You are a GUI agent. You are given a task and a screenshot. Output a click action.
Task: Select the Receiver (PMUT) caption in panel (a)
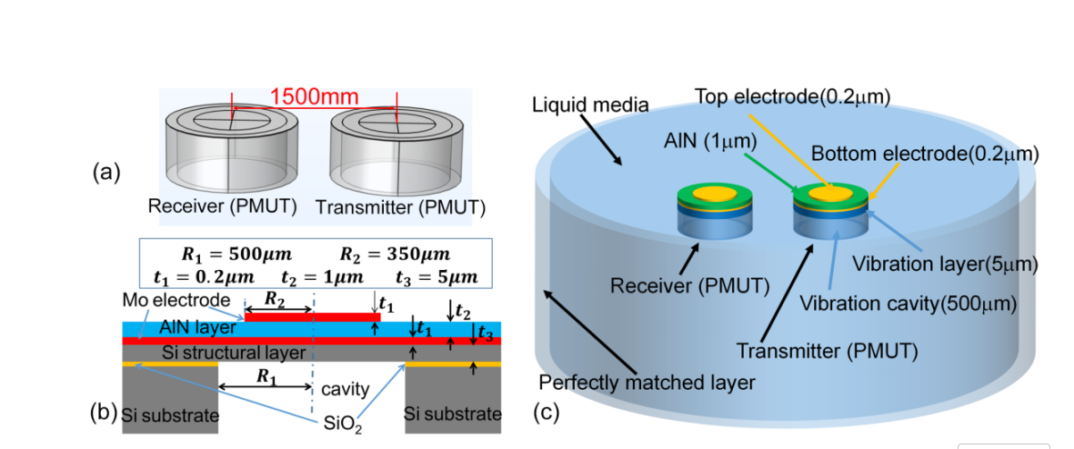point(223,206)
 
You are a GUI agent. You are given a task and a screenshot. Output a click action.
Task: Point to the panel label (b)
point(104,413)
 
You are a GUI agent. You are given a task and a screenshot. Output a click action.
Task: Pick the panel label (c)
point(546,413)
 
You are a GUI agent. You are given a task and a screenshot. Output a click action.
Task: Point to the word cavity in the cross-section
point(345,390)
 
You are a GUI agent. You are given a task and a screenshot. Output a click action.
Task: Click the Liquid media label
point(590,105)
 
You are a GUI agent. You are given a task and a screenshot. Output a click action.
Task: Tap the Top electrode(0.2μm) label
point(791,95)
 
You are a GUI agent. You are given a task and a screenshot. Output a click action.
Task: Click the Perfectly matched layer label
point(647,383)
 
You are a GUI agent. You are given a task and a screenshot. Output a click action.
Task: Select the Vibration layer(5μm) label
point(945,264)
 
